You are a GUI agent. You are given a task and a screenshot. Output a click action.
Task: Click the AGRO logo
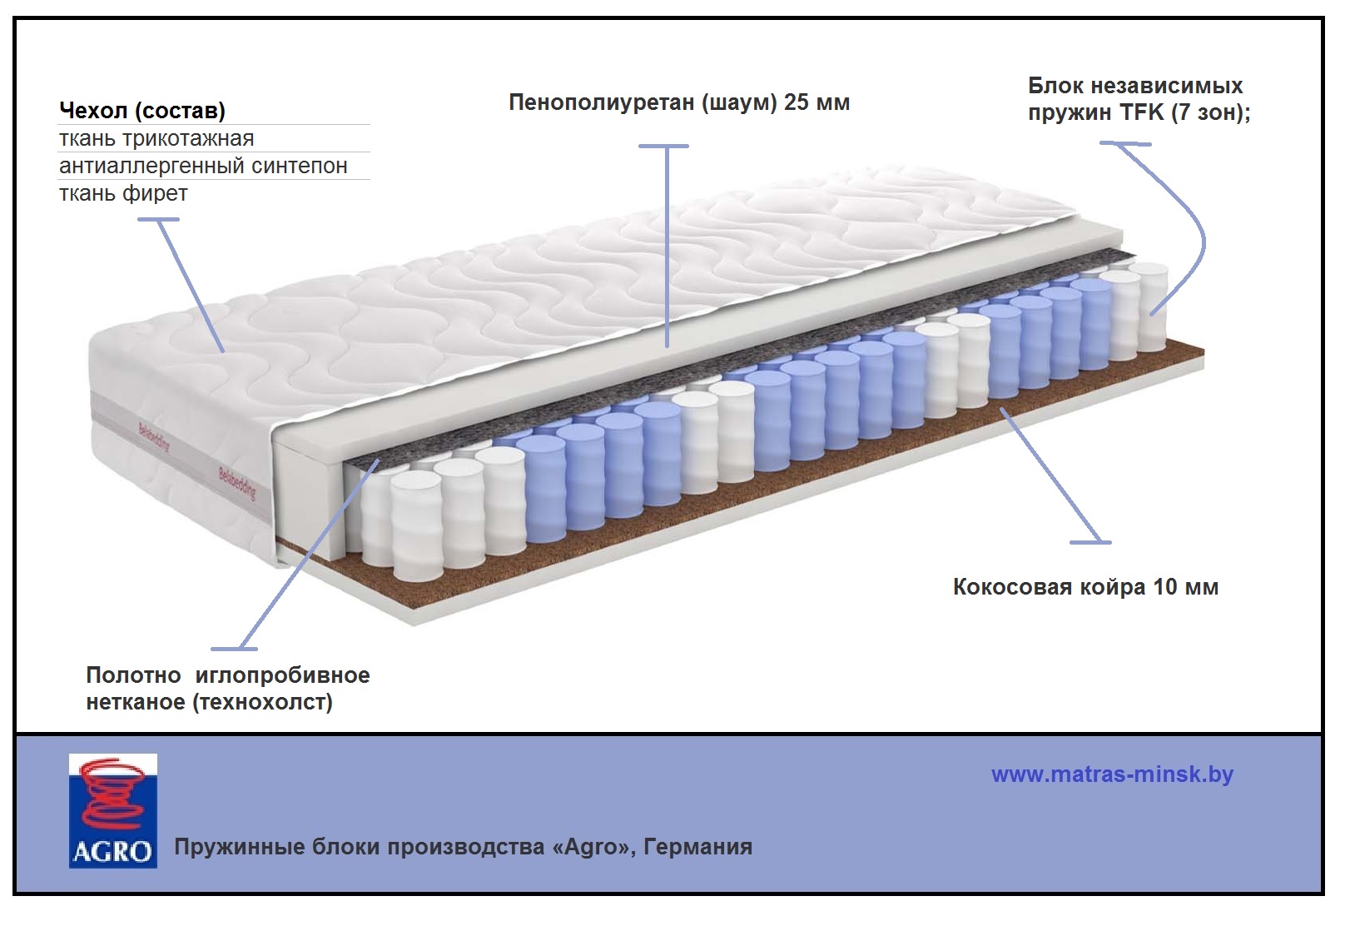[x=112, y=811]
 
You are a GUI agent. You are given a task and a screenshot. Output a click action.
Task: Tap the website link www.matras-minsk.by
[x=1112, y=774]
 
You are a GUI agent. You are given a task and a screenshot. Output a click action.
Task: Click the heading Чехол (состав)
[x=142, y=111]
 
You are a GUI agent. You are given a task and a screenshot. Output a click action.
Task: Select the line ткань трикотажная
[x=156, y=138]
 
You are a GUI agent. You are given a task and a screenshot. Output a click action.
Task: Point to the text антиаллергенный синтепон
[x=203, y=166]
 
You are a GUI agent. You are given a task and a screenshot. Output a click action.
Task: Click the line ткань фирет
[x=123, y=193]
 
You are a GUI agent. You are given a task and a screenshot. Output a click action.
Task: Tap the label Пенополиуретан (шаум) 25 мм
[x=679, y=102]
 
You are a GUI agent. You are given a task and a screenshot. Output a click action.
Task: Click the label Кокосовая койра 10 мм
[x=1085, y=587]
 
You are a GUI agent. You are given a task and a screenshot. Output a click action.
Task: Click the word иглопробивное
[x=282, y=675]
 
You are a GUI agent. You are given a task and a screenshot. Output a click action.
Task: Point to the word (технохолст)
[x=262, y=702]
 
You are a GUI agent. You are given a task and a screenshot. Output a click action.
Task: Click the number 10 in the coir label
[x=1164, y=587]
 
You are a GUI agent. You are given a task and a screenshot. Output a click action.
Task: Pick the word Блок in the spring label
[x=1055, y=86]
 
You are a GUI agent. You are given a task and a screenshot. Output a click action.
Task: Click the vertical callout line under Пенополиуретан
[x=668, y=250]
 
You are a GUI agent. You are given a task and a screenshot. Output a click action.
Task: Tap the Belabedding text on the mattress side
[x=237, y=483]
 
